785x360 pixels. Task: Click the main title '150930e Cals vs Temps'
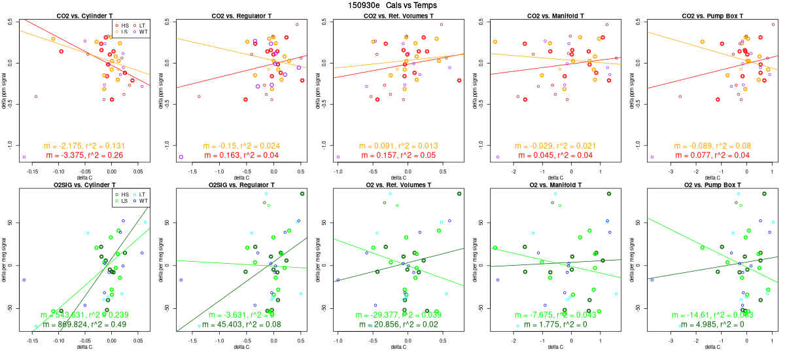point(392,5)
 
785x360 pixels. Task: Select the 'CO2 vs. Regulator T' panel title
point(243,15)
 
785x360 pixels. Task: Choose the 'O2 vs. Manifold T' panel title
point(555,186)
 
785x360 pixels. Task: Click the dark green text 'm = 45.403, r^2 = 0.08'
point(243,324)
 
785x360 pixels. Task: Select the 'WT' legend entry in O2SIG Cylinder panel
point(143,200)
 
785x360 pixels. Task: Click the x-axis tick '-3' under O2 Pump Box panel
point(671,340)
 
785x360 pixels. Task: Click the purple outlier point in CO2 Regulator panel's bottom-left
point(181,157)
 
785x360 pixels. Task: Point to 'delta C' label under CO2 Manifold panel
point(555,177)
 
